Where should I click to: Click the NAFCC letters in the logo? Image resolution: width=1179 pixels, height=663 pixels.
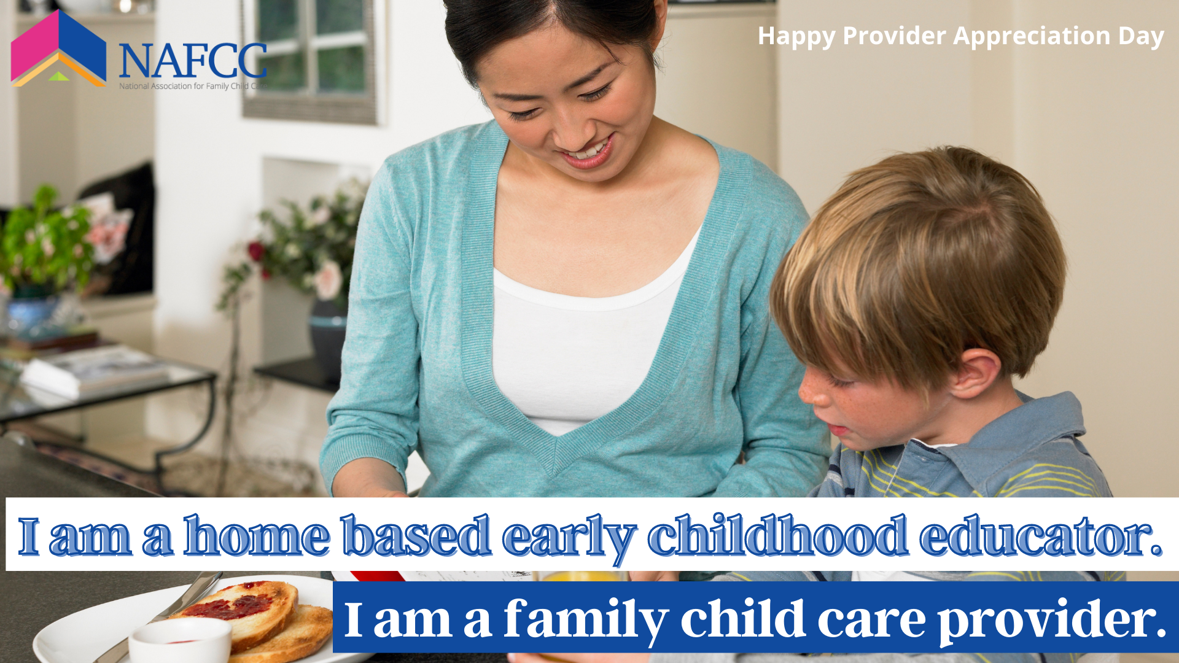(193, 61)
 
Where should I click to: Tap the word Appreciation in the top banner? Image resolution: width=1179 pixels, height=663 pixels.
(1032, 36)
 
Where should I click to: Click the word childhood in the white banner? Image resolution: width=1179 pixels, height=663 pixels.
(778, 536)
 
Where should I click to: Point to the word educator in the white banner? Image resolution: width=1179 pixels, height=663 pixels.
(1041, 536)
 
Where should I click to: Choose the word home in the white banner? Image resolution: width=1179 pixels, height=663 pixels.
(257, 536)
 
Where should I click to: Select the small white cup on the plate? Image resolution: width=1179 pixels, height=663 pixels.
(180, 640)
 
